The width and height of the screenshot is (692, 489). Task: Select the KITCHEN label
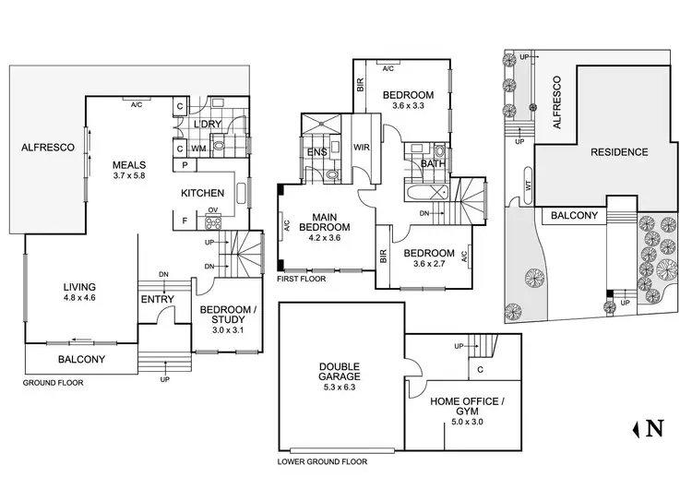202,193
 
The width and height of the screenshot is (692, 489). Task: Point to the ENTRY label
156,299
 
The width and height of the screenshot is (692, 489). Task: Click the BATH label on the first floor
431,164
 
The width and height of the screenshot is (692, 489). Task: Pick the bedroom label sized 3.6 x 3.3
409,101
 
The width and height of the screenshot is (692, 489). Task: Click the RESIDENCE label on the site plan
619,152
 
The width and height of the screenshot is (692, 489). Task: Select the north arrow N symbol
651,427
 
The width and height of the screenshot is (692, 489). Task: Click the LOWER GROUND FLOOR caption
323,461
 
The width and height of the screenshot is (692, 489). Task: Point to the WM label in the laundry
198,148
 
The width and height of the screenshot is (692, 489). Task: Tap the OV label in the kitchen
212,209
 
